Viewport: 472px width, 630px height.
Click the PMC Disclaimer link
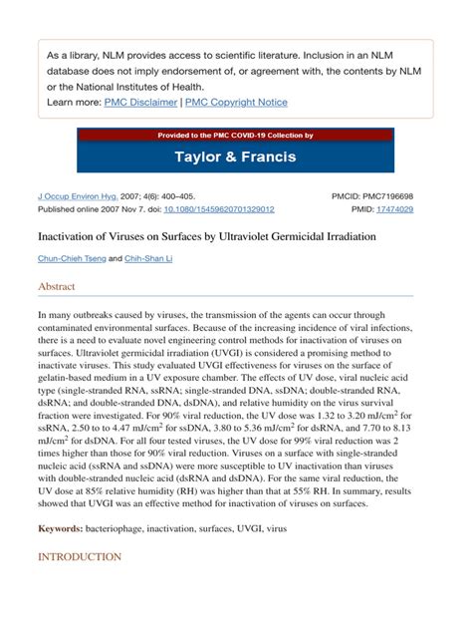pyautogui.click(x=138, y=102)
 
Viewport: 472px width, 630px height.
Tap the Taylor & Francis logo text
pyautogui.click(x=235, y=156)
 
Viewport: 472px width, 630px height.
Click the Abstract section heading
pyautogui.click(x=56, y=286)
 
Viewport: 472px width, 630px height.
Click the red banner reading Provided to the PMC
pyautogui.click(x=235, y=135)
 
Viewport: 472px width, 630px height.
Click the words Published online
pyautogui.click(x=71, y=210)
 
